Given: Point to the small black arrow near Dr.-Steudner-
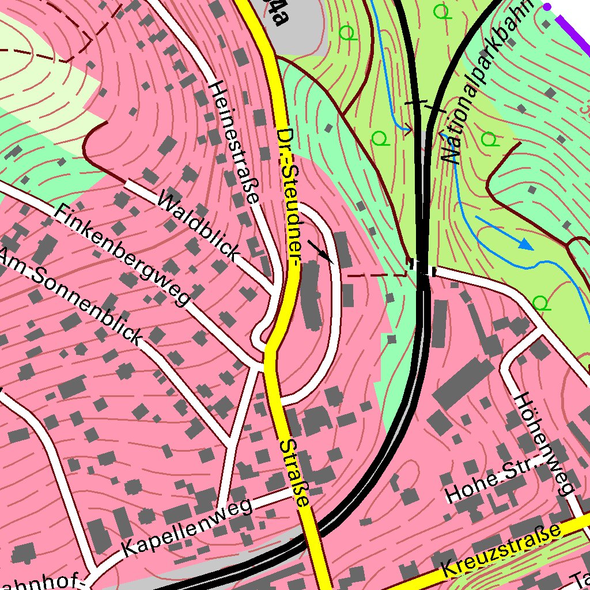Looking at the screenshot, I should pyautogui.click(x=320, y=252).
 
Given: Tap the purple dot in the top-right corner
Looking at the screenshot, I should pyautogui.click(x=547, y=6).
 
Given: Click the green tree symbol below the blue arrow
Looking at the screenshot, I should pyautogui.click(x=539, y=302).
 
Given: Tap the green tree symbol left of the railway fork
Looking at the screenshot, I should pyautogui.click(x=379, y=138).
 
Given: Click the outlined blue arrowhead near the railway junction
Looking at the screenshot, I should pyautogui.click(x=407, y=128).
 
